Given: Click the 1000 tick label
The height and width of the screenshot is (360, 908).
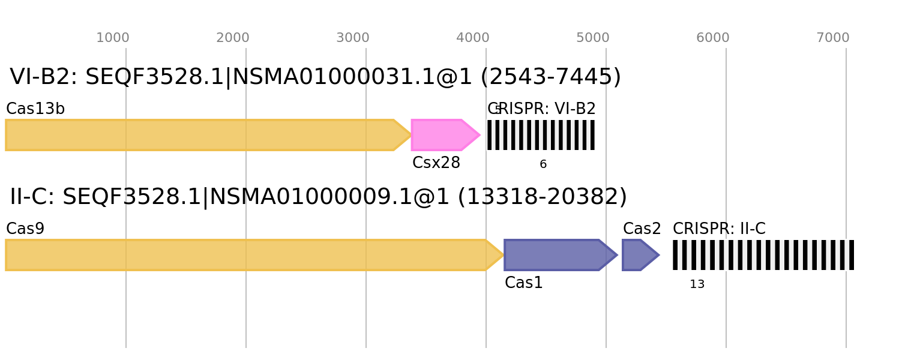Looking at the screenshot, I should [112, 38].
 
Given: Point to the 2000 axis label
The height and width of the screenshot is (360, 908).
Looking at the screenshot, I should [232, 38].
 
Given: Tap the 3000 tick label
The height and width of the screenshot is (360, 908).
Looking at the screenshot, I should [352, 38].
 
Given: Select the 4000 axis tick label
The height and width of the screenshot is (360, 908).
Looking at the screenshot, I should [472, 38].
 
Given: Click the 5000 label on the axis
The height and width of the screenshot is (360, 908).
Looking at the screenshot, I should [592, 38].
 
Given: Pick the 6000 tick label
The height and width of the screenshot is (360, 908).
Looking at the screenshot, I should [712, 38].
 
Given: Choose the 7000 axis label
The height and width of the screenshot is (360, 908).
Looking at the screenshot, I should [832, 38].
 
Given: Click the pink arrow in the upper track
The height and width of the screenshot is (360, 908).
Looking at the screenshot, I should [441, 135].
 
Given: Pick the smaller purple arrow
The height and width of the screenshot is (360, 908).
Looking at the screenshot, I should [637, 255].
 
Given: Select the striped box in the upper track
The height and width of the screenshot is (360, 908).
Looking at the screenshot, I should [541, 135].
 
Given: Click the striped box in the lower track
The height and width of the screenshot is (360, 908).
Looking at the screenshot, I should [763, 255].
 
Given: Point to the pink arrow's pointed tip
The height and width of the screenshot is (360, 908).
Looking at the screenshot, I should [480, 135].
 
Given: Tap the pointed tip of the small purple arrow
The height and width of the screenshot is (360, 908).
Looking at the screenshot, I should [660, 255].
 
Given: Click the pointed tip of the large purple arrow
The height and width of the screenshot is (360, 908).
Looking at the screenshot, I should [618, 255].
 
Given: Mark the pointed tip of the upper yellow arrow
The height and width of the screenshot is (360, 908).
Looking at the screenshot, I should [412, 135].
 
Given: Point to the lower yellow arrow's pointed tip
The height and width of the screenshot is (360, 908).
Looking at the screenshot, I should [504, 255].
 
